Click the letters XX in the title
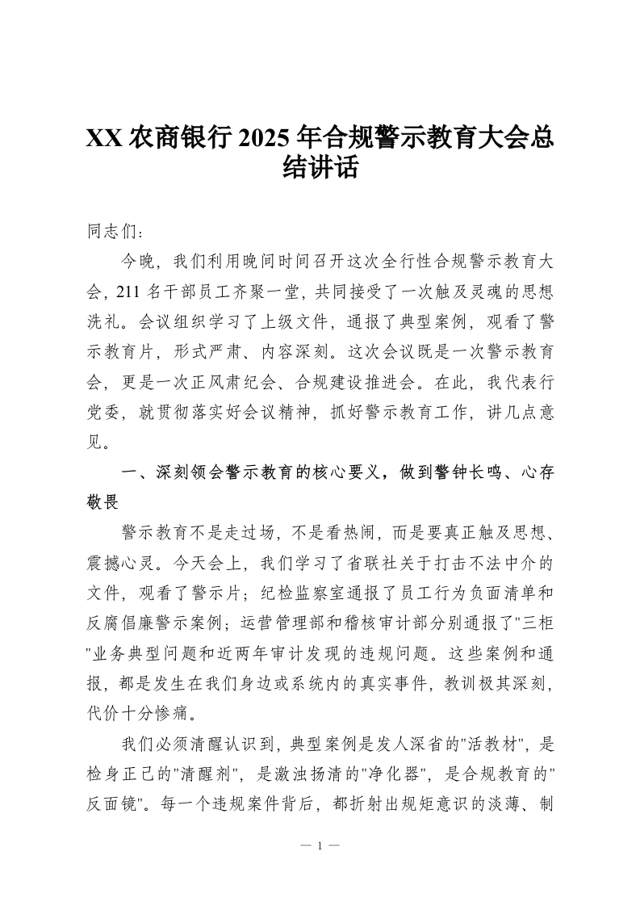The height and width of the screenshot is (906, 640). (x=104, y=137)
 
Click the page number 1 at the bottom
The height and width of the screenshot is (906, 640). (x=320, y=845)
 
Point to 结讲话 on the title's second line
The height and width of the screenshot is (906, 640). (x=320, y=168)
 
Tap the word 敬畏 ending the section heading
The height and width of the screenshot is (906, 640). (x=103, y=502)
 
